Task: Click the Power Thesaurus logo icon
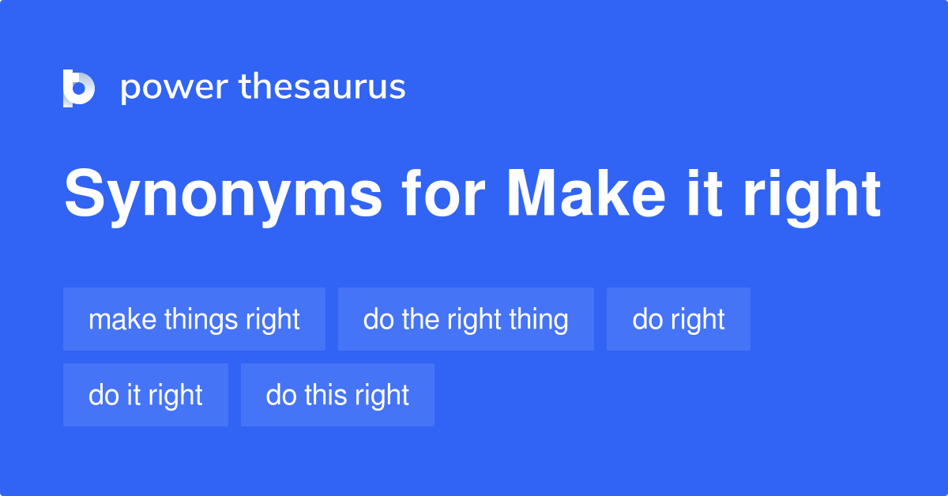coord(79,88)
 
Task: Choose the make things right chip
coord(194,319)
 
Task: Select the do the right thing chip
coord(466,319)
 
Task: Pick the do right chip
coord(679,319)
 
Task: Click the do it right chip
coord(145,395)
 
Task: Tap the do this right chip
coord(337,395)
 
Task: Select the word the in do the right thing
coord(415,319)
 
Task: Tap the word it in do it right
coord(134,395)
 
